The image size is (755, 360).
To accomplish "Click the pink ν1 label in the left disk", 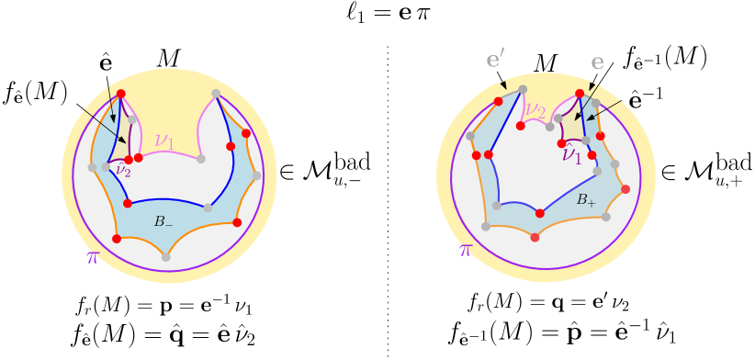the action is pos(164,141).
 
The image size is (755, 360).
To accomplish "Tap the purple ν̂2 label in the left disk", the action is pos(122,170).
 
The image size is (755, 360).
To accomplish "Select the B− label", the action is pos(163,221).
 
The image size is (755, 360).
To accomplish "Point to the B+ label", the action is pos(585,199).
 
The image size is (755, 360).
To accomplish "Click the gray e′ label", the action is pos(495,61).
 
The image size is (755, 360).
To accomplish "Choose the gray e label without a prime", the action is pos(597,62).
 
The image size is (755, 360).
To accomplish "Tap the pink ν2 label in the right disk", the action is pos(535,111).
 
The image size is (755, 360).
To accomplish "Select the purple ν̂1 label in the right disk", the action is pos(572,153).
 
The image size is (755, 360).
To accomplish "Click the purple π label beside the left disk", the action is pos(92,257).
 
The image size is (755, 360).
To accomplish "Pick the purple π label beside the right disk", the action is pos(466,249).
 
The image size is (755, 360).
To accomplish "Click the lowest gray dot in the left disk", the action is pos(165,257).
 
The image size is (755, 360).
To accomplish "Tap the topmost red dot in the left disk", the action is pos(120,94).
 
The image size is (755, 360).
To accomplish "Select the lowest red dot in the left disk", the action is pos(116,239).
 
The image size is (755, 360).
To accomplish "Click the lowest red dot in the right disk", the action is pos(535,238).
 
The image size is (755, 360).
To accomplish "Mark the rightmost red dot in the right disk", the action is pos(625,189).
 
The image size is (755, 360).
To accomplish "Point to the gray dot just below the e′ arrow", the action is pos(523,89).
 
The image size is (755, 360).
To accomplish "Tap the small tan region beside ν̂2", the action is pos(120,150).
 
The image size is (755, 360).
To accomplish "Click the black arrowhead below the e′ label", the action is pos(503,85).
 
